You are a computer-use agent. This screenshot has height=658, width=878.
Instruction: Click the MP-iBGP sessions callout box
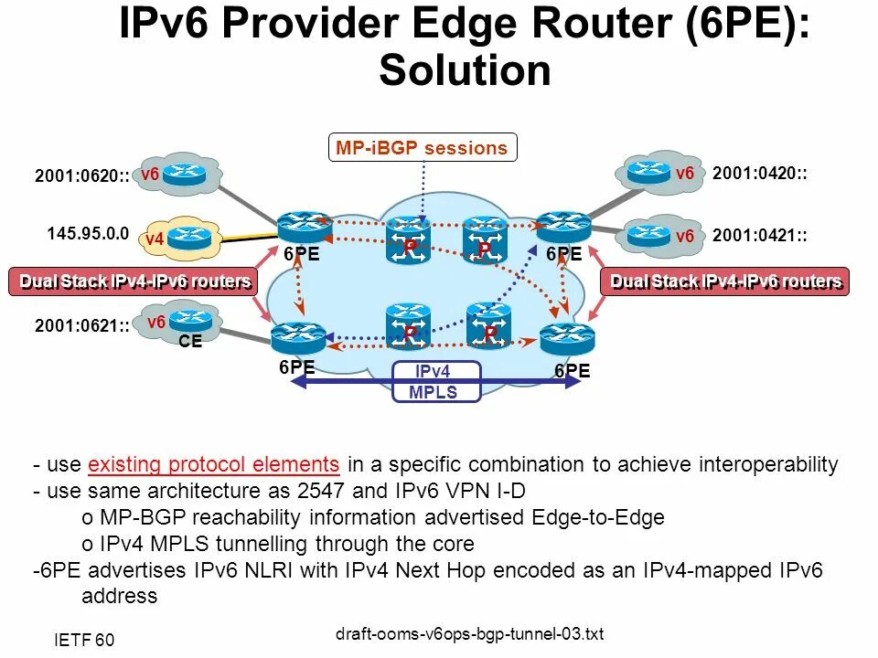click(422, 148)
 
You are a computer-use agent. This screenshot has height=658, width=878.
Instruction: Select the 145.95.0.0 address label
click(89, 233)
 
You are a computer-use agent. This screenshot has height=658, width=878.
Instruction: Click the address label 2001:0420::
click(759, 174)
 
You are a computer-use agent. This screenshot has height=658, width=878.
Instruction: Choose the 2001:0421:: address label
click(759, 236)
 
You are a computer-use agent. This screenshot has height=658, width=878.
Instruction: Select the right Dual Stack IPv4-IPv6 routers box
click(725, 281)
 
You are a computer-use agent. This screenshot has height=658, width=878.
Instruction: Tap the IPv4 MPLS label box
click(435, 382)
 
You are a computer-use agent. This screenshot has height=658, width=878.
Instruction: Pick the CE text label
click(190, 343)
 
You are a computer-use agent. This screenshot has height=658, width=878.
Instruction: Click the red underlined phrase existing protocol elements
click(215, 464)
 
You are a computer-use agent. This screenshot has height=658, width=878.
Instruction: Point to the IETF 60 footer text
click(83, 640)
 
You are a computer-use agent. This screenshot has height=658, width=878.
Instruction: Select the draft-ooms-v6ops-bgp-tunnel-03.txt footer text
click(470, 634)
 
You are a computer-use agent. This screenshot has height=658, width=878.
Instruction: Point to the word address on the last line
click(119, 597)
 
